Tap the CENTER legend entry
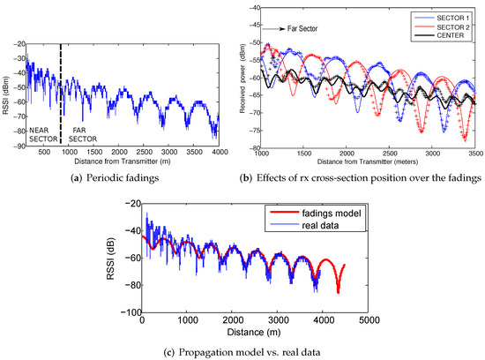tap(449, 34)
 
